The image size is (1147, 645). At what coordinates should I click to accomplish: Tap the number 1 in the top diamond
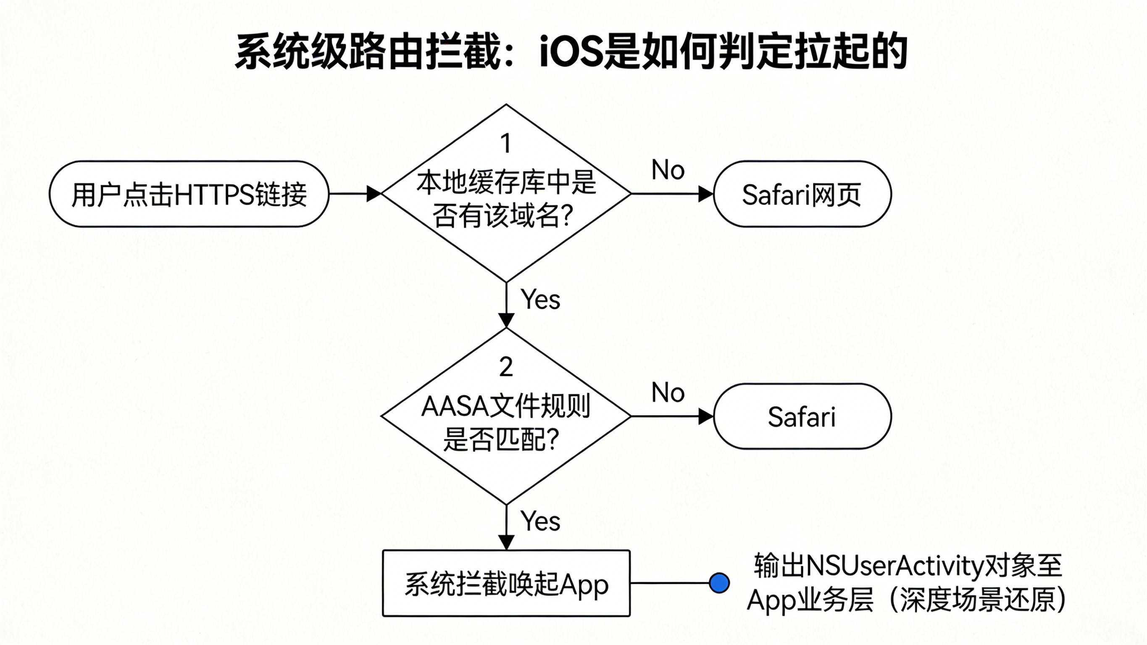(505, 143)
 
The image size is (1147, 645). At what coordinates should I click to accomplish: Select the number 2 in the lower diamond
(506, 367)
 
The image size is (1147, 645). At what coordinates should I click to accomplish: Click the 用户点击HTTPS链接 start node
(189, 194)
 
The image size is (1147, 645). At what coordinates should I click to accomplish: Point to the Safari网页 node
(802, 194)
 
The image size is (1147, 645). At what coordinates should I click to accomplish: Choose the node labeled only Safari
(802, 416)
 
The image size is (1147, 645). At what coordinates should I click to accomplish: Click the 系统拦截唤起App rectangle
(506, 584)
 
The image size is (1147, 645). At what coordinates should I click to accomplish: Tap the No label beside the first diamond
(668, 170)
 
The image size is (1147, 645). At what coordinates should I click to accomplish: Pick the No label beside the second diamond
(668, 393)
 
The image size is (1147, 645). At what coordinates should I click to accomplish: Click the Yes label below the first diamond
(541, 299)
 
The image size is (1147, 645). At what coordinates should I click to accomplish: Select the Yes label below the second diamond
(541, 521)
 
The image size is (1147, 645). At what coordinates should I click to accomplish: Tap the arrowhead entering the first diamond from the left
(374, 194)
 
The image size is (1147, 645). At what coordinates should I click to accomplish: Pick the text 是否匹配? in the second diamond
(501, 440)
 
